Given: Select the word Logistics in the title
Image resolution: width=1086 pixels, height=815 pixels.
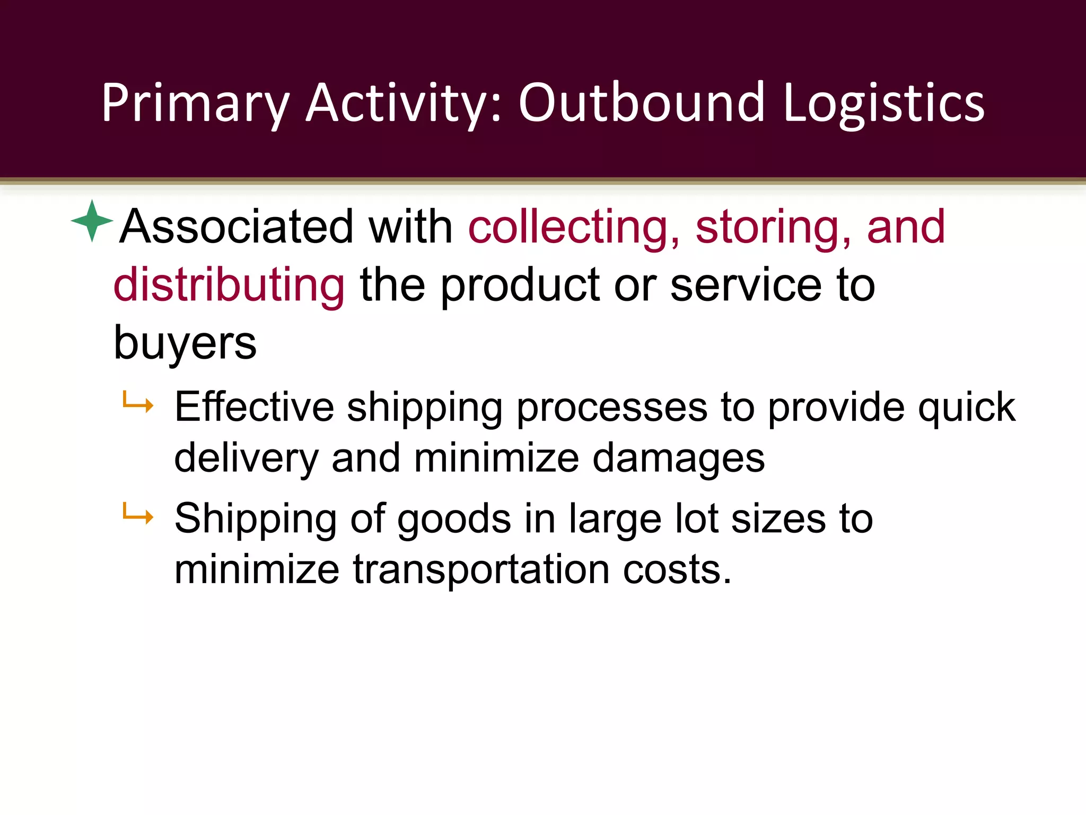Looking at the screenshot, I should (x=883, y=103).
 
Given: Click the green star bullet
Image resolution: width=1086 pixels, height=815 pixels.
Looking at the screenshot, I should (x=92, y=221).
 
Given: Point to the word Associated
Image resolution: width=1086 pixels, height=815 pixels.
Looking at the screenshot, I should (x=237, y=227).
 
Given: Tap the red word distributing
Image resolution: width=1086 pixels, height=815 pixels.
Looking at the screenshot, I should (x=229, y=285).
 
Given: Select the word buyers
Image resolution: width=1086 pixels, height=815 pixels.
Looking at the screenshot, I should (x=185, y=343).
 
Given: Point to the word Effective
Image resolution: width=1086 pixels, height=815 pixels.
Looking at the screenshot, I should (x=254, y=407).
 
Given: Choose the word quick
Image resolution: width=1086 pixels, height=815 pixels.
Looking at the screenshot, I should (x=966, y=407).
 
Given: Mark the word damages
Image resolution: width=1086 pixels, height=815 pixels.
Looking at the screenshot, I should (x=678, y=458).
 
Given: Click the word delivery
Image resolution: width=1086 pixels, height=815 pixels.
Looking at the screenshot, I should (x=246, y=459).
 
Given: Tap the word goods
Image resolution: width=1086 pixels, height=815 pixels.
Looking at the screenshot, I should (x=454, y=519).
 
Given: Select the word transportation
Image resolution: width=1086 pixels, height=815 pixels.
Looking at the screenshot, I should (x=481, y=569).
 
